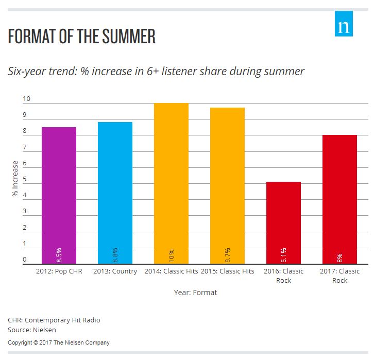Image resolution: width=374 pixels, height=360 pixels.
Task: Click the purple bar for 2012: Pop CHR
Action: point(59,196)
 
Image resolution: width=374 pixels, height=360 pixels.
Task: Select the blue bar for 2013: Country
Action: point(115,193)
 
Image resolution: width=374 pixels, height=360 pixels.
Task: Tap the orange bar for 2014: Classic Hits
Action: point(171,183)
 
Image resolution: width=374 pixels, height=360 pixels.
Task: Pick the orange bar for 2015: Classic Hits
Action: point(227,186)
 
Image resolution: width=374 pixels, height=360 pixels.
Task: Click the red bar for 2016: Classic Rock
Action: point(283,222)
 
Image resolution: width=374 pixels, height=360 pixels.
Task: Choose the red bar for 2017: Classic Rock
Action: point(339,199)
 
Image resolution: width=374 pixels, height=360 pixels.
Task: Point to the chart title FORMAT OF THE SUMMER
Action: point(82,37)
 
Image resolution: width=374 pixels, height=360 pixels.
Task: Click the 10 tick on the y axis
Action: point(27,99)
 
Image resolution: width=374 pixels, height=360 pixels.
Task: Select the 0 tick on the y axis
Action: point(24,260)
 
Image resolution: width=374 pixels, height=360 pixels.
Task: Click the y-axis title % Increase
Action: point(15,179)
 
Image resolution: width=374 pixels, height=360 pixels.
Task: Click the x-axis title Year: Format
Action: point(195,293)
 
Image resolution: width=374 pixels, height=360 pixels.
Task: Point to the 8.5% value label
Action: point(59,254)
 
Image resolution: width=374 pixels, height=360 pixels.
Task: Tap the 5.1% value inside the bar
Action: point(283,254)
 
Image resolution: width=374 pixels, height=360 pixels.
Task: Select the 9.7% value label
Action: point(227,254)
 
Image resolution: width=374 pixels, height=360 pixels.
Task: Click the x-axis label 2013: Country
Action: point(115,271)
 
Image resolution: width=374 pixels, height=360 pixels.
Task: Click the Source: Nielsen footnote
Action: point(32,330)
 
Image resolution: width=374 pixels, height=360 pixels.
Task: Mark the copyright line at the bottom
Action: point(59,342)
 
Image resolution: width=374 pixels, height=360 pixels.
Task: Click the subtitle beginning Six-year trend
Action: point(156,72)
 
